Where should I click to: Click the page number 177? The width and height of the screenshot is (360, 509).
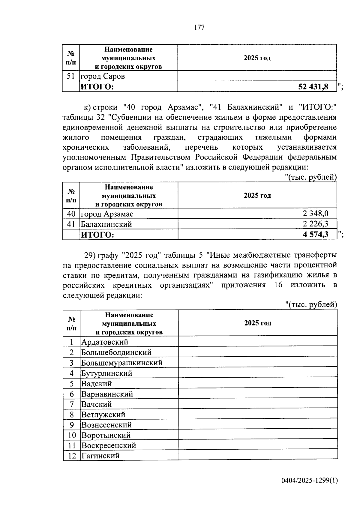click(x=199, y=28)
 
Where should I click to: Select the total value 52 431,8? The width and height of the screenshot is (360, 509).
click(x=313, y=87)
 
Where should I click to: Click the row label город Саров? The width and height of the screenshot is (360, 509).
click(x=103, y=76)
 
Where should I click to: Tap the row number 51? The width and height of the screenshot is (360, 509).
click(x=70, y=76)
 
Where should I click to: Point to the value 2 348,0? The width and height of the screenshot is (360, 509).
click(x=315, y=214)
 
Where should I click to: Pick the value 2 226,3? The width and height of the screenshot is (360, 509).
click(x=315, y=224)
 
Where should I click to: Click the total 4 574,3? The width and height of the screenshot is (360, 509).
click(x=316, y=234)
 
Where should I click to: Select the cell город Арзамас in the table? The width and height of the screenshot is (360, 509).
click(x=107, y=214)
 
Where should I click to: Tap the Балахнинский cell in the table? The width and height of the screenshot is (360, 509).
click(x=106, y=224)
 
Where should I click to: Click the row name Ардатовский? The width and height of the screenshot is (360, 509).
click(x=105, y=342)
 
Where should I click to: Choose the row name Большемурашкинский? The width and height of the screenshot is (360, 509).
click(x=122, y=363)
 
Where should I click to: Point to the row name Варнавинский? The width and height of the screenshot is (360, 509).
click(x=107, y=394)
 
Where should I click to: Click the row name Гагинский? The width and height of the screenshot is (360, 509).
click(x=100, y=456)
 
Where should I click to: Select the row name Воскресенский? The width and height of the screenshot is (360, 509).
click(x=109, y=445)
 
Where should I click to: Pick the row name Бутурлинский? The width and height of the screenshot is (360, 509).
click(x=107, y=373)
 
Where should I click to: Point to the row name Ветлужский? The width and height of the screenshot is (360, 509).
click(x=103, y=415)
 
